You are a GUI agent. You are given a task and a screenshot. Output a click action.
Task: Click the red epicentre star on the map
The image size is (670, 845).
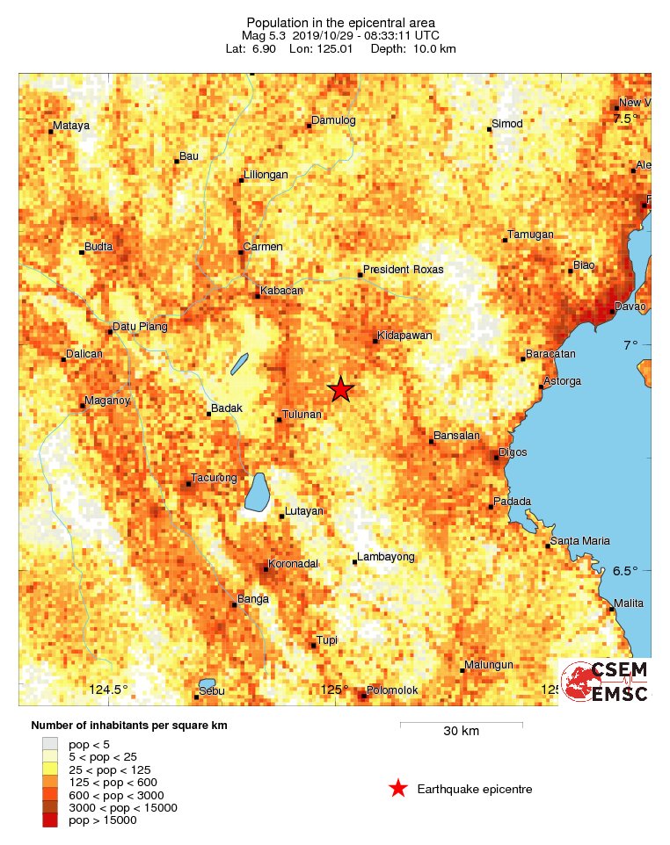click(x=340, y=389)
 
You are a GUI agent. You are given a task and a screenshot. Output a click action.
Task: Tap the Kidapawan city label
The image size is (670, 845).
click(x=404, y=336)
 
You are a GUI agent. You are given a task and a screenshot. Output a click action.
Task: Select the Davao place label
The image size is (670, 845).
click(x=632, y=307)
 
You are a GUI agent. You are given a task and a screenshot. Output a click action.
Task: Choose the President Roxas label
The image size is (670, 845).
click(x=403, y=270)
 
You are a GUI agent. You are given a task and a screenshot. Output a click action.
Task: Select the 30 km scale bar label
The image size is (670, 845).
click(x=461, y=731)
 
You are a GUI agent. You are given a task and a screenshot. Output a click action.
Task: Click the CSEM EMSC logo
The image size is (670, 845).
click(x=605, y=682)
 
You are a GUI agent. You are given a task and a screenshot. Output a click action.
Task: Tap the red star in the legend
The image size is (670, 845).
click(x=398, y=789)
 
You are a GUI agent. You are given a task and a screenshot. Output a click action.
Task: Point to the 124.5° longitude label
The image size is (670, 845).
click(x=108, y=690)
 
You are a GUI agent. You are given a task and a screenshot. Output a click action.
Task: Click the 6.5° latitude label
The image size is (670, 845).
click(x=625, y=571)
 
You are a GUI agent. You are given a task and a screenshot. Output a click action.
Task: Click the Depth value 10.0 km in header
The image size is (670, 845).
click(x=430, y=48)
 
